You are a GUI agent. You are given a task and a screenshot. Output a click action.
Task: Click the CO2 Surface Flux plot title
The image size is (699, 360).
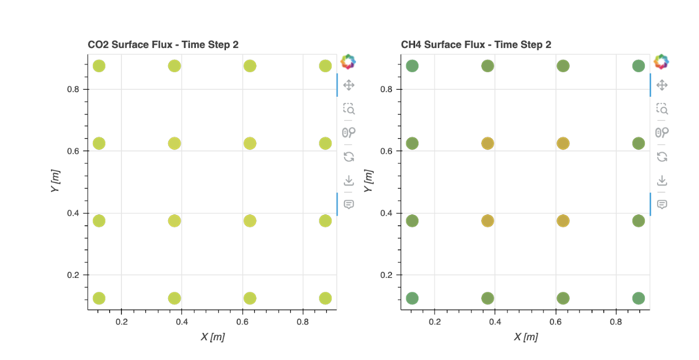(163, 45)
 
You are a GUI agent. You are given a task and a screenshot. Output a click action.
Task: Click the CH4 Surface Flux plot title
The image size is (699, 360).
(476, 45)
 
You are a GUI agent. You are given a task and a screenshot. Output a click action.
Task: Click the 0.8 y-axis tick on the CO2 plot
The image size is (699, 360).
(74, 89)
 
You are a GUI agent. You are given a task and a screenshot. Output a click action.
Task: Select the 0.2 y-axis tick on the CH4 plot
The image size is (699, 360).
(387, 275)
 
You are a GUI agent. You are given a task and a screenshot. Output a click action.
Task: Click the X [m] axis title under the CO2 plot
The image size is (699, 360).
(212, 337)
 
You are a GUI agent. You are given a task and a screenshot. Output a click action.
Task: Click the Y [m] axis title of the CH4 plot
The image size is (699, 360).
(368, 182)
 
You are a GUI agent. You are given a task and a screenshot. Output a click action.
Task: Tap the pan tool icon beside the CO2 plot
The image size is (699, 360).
(348, 85)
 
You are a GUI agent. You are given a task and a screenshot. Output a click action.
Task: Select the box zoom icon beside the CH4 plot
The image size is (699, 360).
(662, 109)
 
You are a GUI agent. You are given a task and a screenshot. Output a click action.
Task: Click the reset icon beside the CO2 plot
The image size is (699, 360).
(348, 156)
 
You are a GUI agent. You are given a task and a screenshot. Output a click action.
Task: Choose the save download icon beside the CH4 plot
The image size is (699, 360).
(662, 180)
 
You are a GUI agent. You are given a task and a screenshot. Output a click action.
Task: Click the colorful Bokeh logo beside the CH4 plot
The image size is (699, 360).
(662, 62)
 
